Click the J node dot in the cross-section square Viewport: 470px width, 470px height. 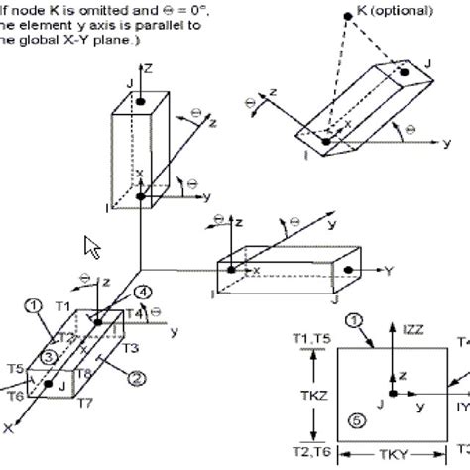[x=393, y=395]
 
